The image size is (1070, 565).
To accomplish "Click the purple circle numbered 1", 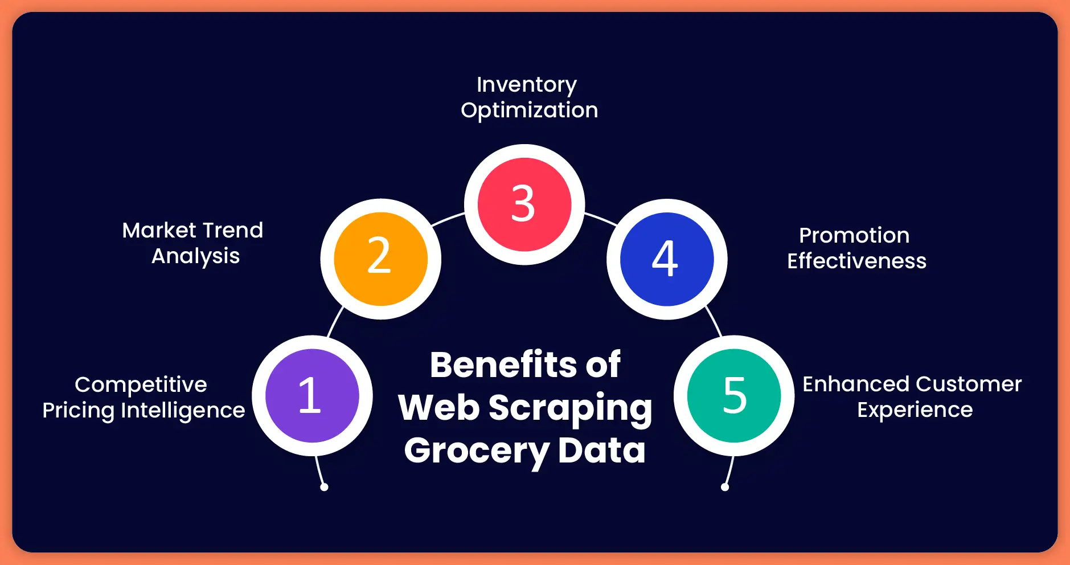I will point(312,396).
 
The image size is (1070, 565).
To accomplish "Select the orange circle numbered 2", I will point(380,259).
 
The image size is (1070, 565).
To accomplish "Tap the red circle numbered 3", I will point(524,204).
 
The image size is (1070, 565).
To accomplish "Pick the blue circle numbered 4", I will point(666,259).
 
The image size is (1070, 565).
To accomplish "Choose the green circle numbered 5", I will point(734,396).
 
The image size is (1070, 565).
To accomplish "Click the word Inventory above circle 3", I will point(527,85).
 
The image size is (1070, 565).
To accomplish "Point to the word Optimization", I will point(530,110).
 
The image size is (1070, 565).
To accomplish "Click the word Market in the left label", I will point(159,231).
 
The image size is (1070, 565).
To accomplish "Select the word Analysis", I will point(195,256).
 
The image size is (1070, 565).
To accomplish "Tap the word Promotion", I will point(854,236).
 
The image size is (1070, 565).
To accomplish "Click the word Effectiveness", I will point(856,261).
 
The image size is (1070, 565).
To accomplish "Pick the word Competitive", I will point(141,385).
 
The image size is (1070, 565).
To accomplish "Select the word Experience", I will point(915,410).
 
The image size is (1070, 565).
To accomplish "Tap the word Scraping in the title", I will point(570,408).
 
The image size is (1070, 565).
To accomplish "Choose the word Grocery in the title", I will point(476,451).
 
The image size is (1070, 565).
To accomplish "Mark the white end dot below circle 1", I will point(324,487).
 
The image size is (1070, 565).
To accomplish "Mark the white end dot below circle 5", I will point(725,487).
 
